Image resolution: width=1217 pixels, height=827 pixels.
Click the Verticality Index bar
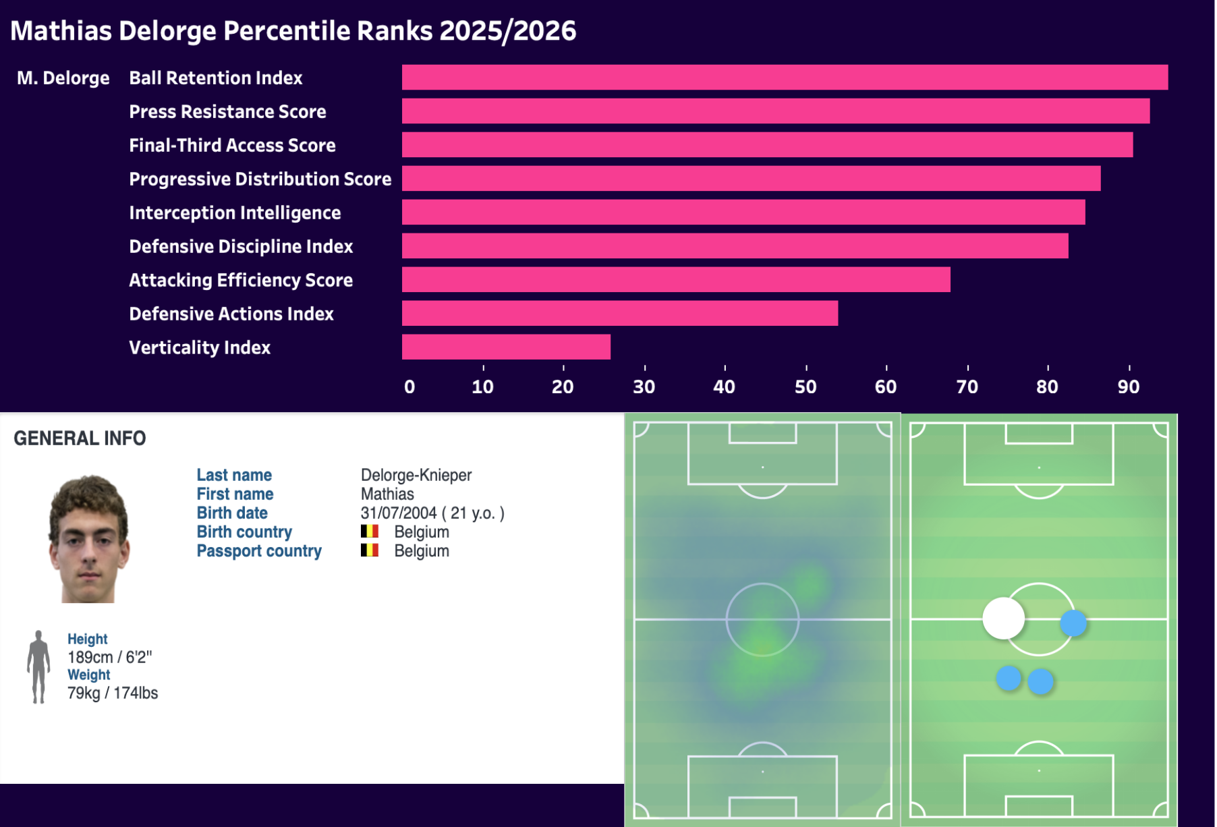point(506,347)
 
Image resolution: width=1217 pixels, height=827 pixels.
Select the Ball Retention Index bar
point(785,77)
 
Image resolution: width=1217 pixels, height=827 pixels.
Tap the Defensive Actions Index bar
point(619,313)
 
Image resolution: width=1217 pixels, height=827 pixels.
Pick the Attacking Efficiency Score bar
point(676,279)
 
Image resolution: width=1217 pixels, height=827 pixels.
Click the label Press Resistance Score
point(227,111)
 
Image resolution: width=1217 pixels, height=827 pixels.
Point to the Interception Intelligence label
point(235,212)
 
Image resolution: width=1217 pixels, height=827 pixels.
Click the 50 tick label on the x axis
point(805,387)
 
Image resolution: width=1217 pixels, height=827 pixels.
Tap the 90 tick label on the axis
point(1128,387)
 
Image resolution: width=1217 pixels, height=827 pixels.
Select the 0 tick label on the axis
point(409,387)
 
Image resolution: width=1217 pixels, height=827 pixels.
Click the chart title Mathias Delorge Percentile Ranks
point(293,30)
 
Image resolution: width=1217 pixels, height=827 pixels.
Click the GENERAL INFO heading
point(80,438)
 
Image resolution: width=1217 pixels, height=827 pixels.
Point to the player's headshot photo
point(88,538)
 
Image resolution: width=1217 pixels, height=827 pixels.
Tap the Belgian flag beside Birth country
point(369,532)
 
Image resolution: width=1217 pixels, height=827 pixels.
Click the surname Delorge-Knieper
point(416,475)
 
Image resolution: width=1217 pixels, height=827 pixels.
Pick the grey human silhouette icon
point(38,666)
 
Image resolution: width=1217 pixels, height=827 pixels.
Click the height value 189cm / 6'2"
point(109,657)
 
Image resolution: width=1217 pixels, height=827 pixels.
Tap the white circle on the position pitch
point(1003,618)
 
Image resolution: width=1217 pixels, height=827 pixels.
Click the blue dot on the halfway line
point(1073,623)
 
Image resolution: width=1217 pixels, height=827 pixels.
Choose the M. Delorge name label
point(63,78)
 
